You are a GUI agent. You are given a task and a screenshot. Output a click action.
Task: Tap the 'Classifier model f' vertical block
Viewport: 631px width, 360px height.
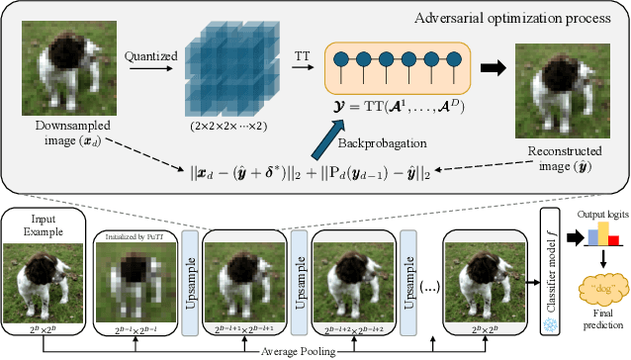coord(551,264)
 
